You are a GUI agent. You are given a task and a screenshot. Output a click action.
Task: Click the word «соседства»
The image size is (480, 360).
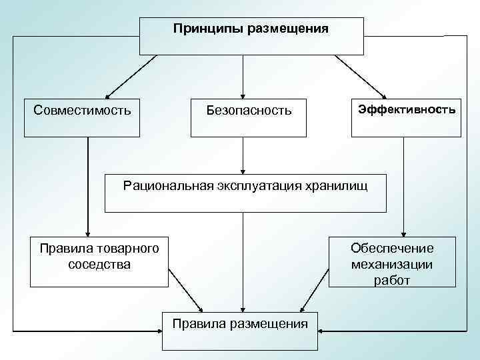click(x=99, y=264)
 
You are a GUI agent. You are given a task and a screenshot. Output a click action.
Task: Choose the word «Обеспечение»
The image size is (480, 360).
click(x=392, y=249)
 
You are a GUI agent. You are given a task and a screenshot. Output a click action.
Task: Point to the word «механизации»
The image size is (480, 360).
click(x=392, y=264)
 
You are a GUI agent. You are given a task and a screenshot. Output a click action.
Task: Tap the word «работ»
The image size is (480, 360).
click(x=392, y=280)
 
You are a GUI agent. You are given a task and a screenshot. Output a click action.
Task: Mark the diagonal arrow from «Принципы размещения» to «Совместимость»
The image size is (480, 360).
click(x=131, y=76)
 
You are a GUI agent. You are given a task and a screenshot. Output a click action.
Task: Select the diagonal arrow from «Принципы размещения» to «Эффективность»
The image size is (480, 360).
click(x=361, y=76)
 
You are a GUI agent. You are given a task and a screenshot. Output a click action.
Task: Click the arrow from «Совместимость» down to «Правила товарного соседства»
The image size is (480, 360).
click(x=87, y=187)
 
